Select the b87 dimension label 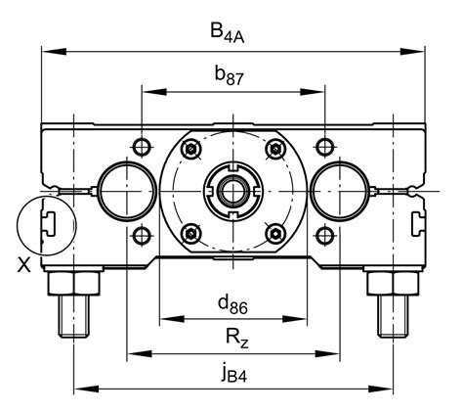click(x=229, y=75)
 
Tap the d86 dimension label click(x=232, y=305)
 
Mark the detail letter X click(x=23, y=264)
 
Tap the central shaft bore click(x=233, y=191)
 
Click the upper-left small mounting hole click(x=142, y=147)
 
